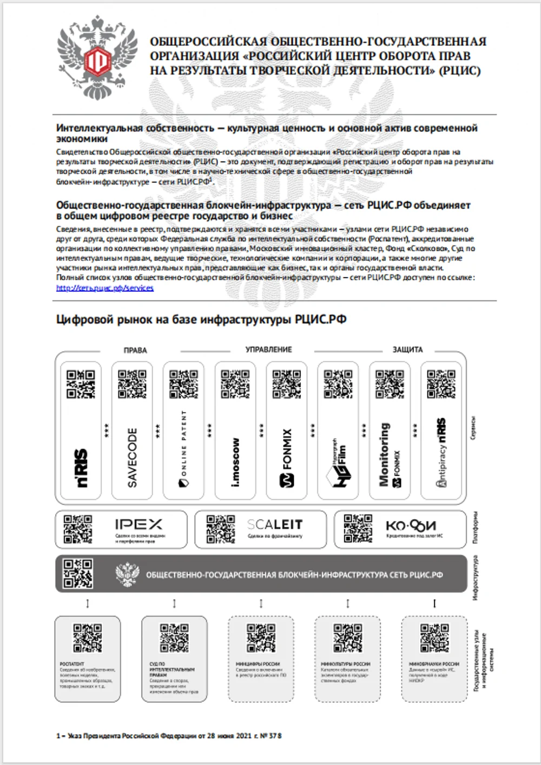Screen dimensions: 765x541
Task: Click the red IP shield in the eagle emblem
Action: coord(98,58)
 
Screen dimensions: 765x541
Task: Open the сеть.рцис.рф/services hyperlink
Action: coord(104,288)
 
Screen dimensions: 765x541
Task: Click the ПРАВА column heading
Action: coord(135,350)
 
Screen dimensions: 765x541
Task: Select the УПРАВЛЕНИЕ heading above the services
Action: coord(269,350)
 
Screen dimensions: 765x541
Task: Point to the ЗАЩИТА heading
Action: coord(407,350)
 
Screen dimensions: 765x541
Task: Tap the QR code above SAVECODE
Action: coord(132,384)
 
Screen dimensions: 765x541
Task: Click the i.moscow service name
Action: coord(235,461)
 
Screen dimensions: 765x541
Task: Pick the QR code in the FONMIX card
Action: coord(287,384)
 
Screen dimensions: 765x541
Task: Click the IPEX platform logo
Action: coord(138,524)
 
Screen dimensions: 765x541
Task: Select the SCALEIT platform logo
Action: coord(275,524)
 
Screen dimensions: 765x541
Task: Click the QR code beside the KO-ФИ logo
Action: coord(358,528)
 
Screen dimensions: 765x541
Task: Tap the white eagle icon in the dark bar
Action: coord(128,574)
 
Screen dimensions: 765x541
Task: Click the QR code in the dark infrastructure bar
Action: coord(78,573)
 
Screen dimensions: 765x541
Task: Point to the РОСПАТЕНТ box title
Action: coord(72,663)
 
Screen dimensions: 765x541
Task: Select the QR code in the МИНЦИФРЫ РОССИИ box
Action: coord(261,638)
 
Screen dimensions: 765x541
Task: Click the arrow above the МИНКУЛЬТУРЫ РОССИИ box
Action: coord(347,603)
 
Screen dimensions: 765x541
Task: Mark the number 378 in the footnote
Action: coord(275,736)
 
